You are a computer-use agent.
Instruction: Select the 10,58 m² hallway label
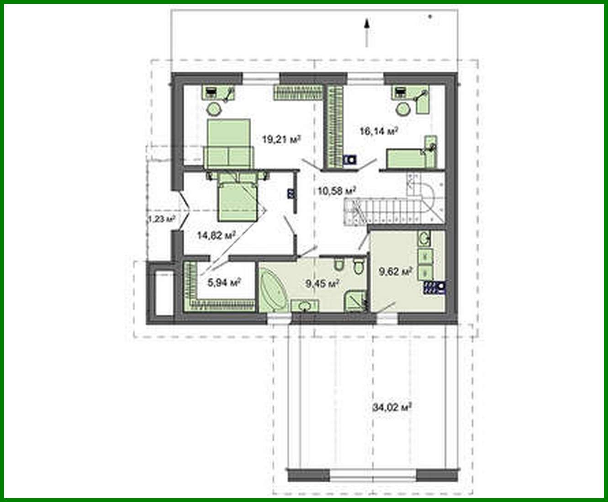[x=337, y=191]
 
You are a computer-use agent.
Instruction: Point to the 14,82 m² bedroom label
[x=216, y=235]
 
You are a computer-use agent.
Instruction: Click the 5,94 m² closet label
[x=224, y=283]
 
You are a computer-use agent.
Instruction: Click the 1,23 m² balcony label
[x=161, y=219]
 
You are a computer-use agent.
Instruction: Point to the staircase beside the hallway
[x=393, y=206]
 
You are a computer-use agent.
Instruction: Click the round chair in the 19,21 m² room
[x=213, y=109]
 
